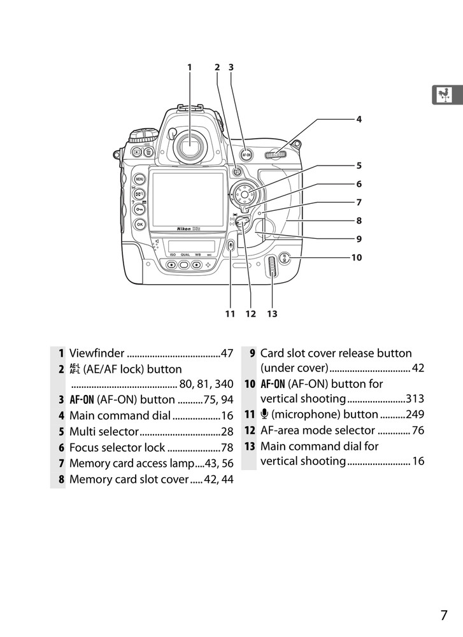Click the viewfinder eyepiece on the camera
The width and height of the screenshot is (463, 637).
tap(189, 145)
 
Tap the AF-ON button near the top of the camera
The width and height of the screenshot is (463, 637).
tap(247, 154)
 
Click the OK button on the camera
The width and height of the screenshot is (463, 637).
tap(139, 224)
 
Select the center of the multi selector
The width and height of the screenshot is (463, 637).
tap(244, 194)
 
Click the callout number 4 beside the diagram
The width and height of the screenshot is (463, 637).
tap(359, 118)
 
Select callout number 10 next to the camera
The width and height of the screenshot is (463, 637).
tap(356, 257)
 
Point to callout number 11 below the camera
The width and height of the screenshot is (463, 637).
tap(229, 313)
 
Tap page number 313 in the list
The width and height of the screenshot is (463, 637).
tap(415, 399)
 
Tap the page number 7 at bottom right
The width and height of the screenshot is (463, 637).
tap(443, 615)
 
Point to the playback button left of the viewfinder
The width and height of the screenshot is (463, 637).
tap(136, 152)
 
